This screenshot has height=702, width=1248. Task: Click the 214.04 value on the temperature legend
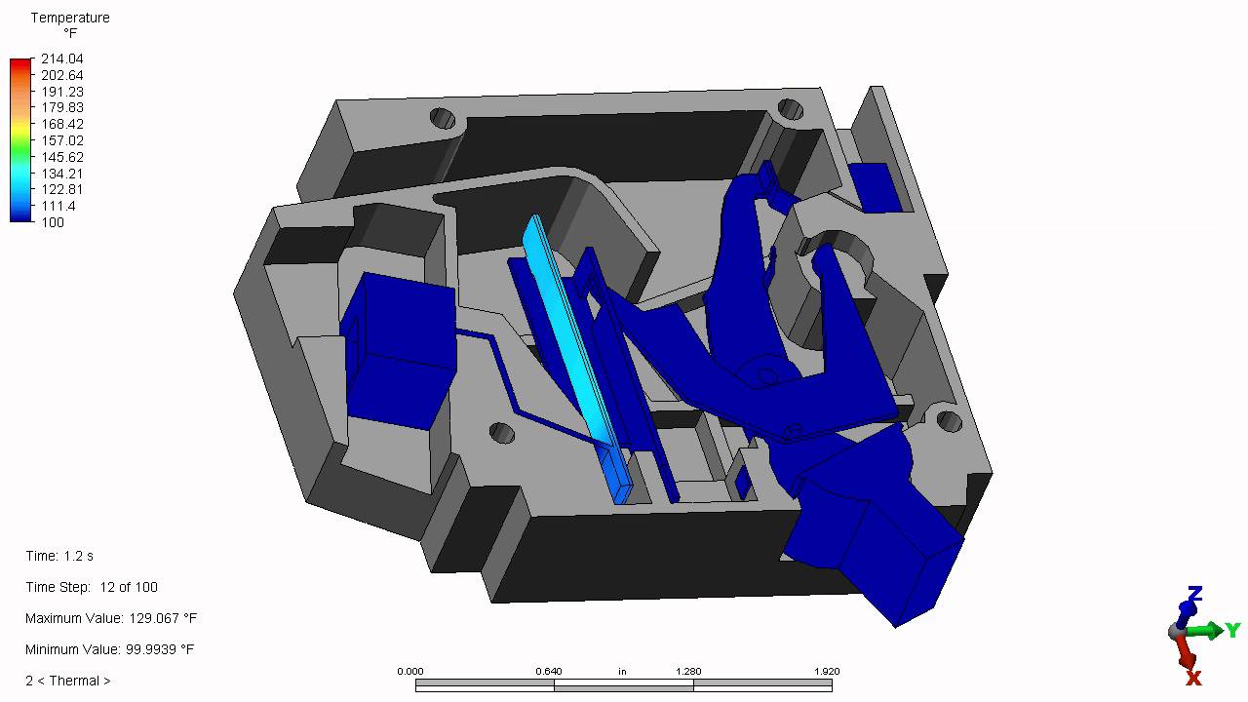[61, 58]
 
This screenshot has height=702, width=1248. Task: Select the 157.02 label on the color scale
[61, 140]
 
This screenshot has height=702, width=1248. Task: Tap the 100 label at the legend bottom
[53, 222]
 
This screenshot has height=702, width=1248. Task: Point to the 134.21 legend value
[61, 174]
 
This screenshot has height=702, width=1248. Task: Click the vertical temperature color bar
[20, 140]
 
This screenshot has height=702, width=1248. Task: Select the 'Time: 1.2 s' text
[59, 556]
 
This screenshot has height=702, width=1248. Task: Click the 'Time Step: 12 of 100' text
[92, 587]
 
